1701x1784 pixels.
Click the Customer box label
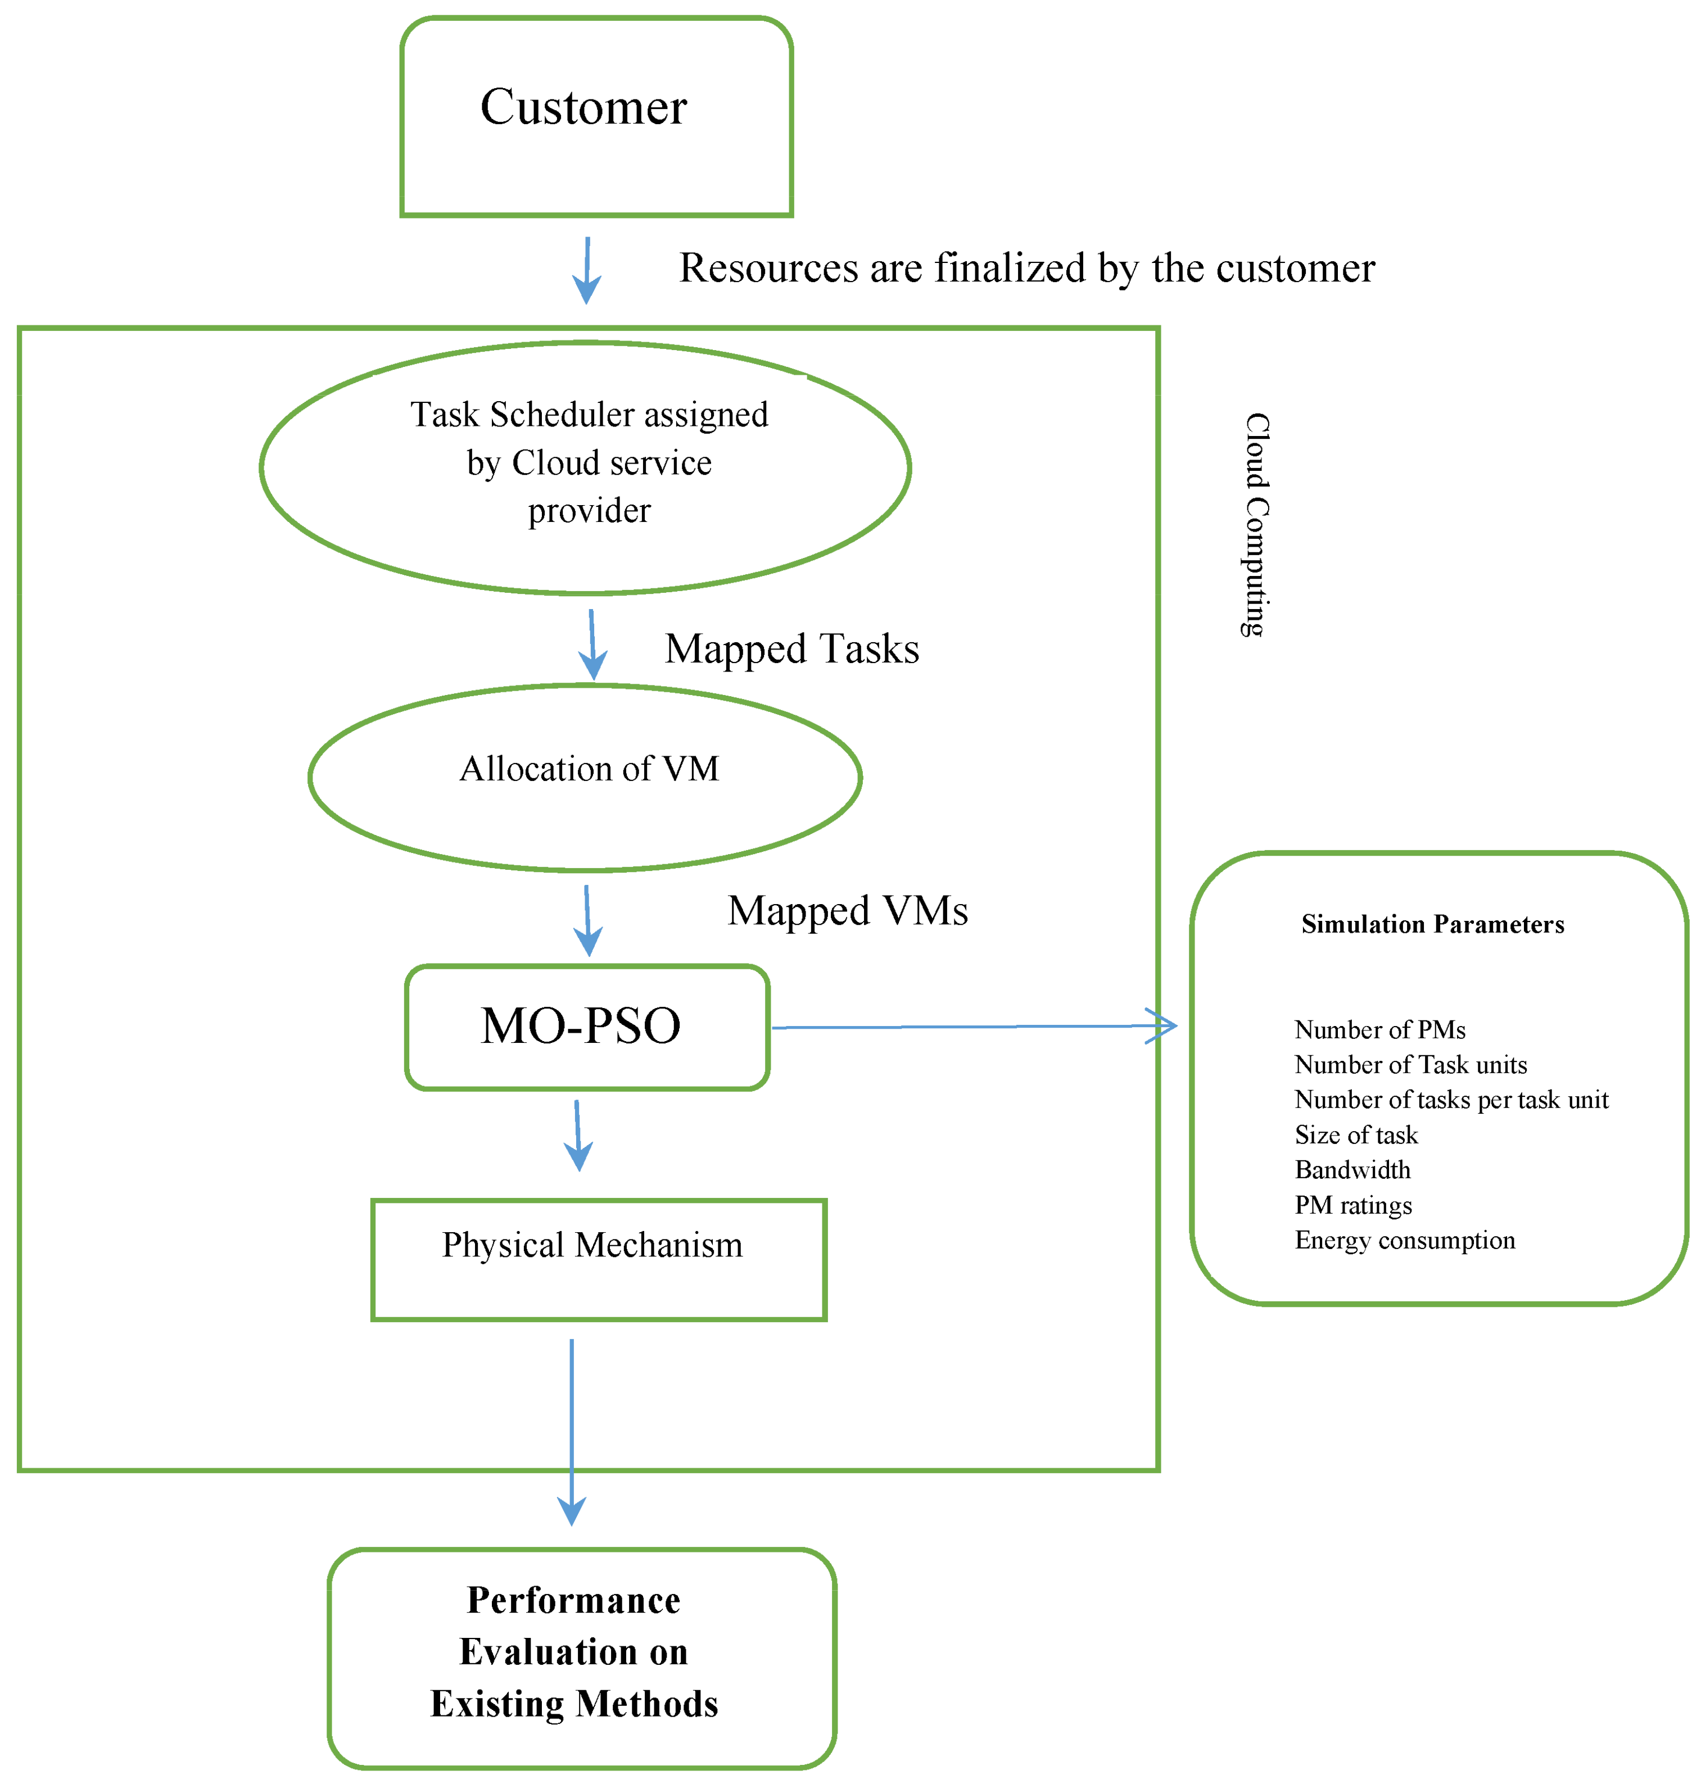pyautogui.click(x=583, y=107)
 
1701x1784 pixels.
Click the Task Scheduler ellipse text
pyautogui.click(x=589, y=462)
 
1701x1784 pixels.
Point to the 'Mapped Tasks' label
pyautogui.click(x=791, y=649)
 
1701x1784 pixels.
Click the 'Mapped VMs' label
pyautogui.click(x=847, y=910)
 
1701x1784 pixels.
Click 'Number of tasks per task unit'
pyautogui.click(x=1451, y=1100)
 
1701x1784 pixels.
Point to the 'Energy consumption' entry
pyautogui.click(x=1405, y=1240)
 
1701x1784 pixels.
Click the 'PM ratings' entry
pyautogui.click(x=1353, y=1206)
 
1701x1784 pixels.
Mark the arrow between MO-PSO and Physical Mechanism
pyautogui.click(x=577, y=1136)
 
